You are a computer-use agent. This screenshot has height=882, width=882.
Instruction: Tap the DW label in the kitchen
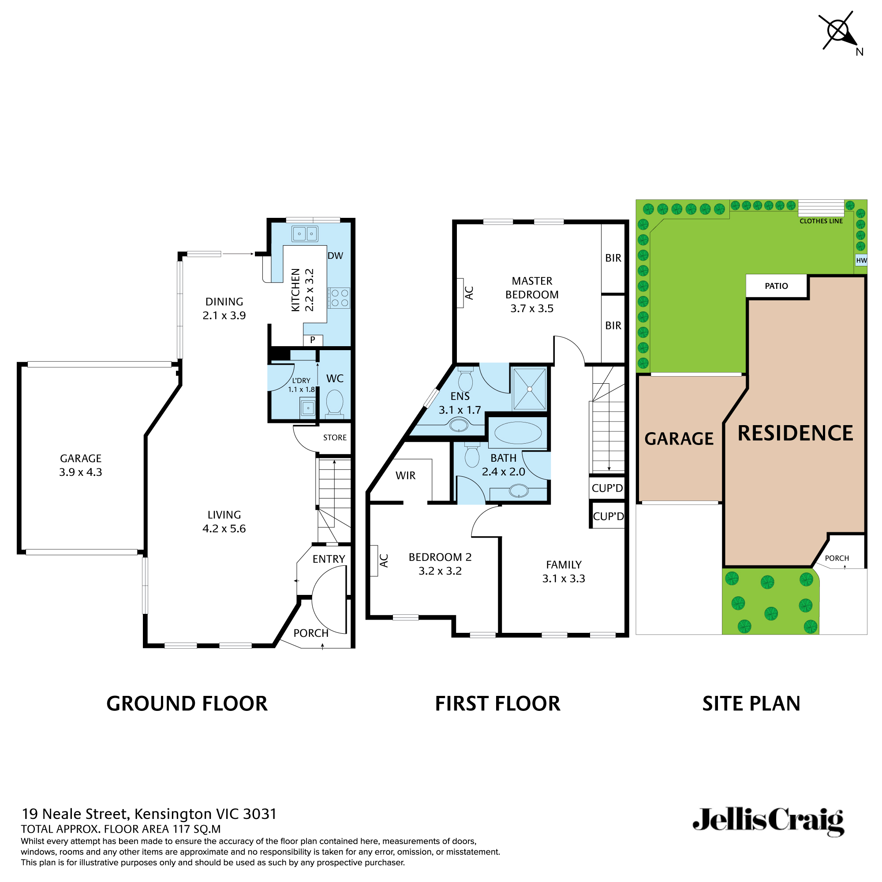[x=335, y=256]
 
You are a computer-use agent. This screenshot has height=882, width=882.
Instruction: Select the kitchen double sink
[x=305, y=234]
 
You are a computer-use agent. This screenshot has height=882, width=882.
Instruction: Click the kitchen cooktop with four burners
[x=339, y=298]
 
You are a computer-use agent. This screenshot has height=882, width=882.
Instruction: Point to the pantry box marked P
[x=313, y=340]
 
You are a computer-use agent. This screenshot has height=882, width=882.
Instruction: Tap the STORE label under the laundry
[x=335, y=437]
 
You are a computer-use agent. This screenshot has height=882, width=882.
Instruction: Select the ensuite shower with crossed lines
[x=529, y=389]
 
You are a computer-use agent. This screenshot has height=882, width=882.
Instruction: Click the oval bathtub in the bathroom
[x=518, y=433]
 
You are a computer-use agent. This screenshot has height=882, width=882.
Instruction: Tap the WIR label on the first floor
[x=405, y=476]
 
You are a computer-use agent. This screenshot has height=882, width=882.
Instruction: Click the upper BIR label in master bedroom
[x=613, y=258]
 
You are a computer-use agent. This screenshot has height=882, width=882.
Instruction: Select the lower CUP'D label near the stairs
[x=608, y=516]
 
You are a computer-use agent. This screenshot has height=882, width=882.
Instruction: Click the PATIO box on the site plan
[x=776, y=286]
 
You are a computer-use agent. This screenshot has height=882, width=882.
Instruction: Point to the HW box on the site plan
[x=861, y=261]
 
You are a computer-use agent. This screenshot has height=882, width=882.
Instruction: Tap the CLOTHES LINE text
[x=821, y=221]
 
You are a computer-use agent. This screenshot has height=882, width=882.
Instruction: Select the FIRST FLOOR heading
[x=497, y=703]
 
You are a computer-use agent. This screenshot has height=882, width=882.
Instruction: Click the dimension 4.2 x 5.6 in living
[x=224, y=529]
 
